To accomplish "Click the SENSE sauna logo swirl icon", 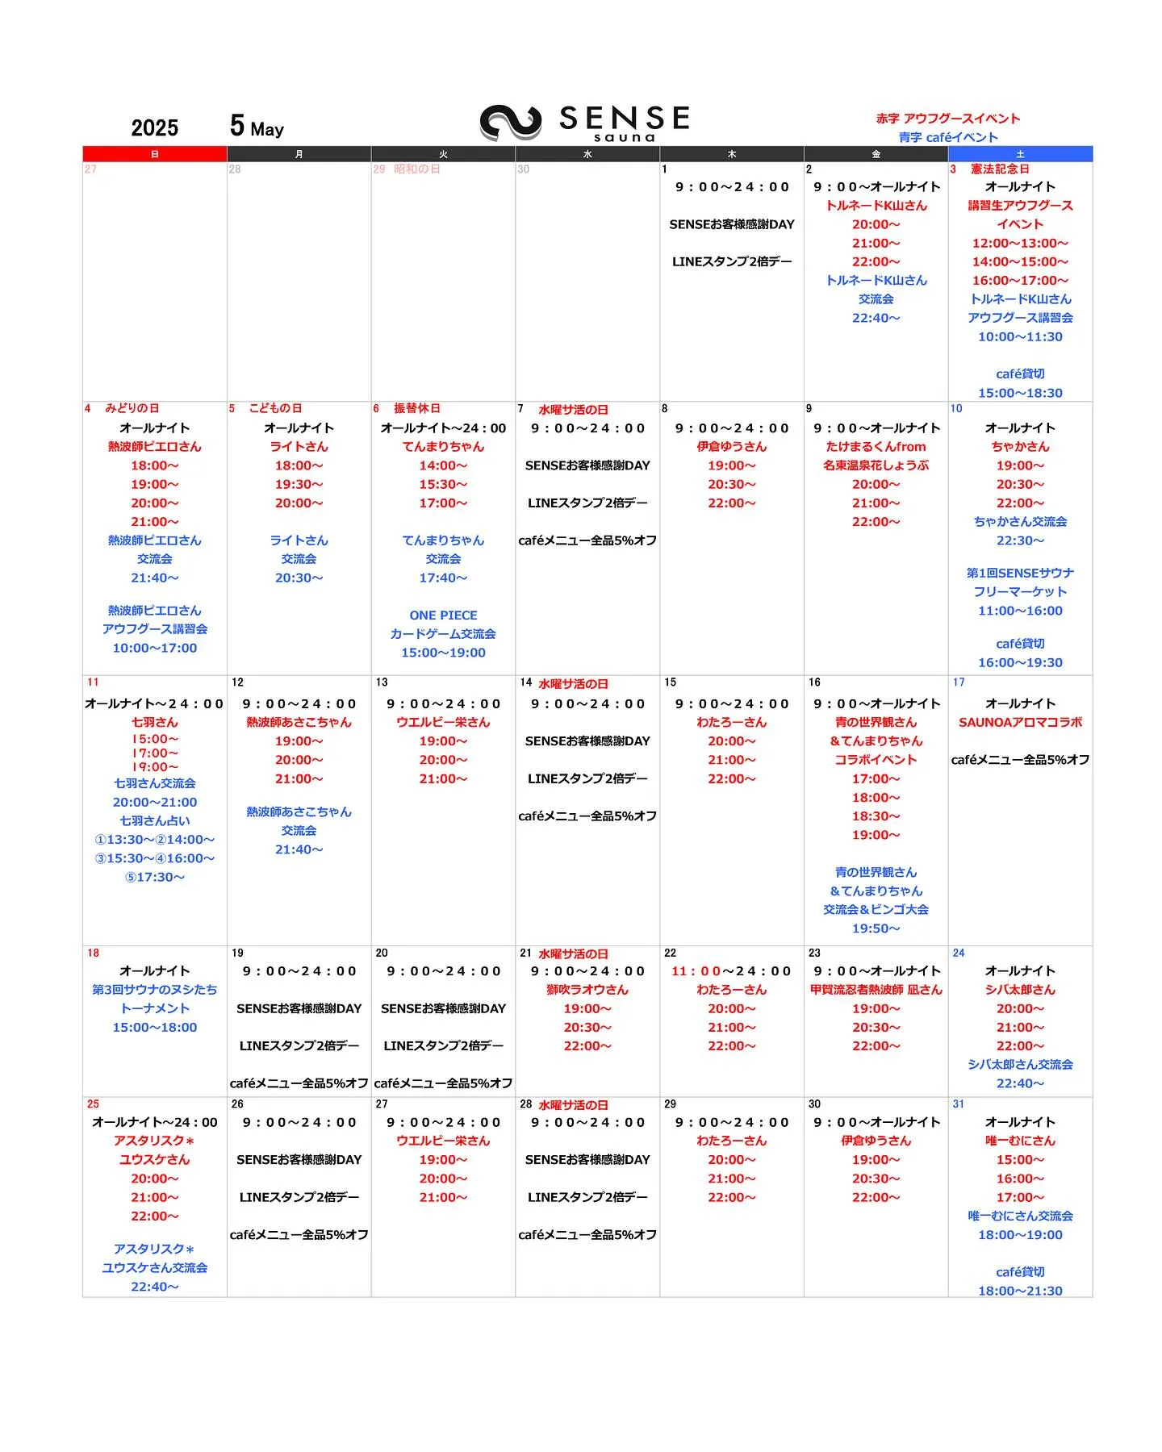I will (x=510, y=123).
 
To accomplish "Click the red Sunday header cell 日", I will (x=154, y=154).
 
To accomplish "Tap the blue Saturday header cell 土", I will (x=1020, y=154).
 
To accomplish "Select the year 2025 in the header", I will (x=154, y=128).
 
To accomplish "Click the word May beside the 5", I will (x=267, y=130).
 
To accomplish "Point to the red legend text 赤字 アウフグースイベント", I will (x=948, y=119).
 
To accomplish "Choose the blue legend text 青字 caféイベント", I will (x=948, y=137).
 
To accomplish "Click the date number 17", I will (x=959, y=682).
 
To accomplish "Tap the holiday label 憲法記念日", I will (x=1000, y=169).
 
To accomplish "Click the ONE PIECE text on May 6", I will (x=443, y=615).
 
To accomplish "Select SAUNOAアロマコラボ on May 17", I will (x=1020, y=723).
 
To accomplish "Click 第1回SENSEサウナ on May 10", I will (x=1020, y=574).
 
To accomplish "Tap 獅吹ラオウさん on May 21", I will (x=587, y=990).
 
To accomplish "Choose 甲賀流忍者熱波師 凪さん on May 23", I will (x=876, y=990).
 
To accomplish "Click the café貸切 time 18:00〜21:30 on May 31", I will (x=1020, y=1291).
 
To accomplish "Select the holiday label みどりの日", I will (x=132, y=409).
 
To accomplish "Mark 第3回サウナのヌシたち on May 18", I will (x=154, y=990).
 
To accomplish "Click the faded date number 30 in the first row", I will (x=524, y=169).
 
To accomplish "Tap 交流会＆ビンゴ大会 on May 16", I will (x=876, y=910).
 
